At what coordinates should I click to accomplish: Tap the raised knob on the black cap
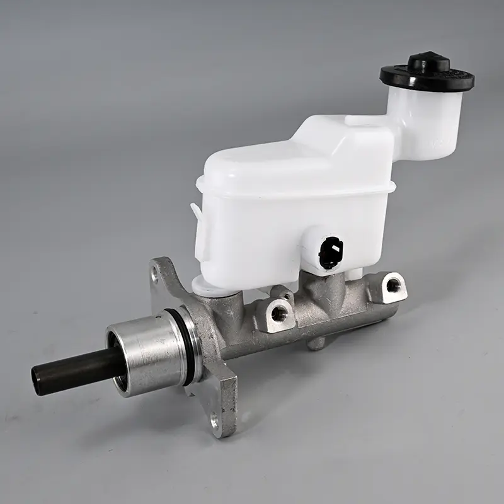[x=428, y=62]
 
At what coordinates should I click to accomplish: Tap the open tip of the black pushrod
[x=38, y=376]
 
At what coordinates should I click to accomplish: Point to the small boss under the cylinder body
[x=317, y=343]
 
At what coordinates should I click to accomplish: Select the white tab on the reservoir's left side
[x=200, y=233]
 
